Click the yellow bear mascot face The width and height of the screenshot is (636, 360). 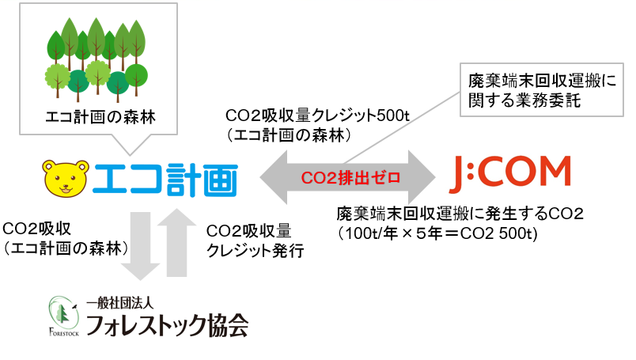66,179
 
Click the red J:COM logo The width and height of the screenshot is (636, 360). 511,174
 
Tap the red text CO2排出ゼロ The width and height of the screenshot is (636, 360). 350,178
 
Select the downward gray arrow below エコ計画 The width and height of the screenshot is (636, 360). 140,245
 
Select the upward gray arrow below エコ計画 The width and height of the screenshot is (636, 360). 176,242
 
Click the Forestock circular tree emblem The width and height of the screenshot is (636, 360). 63,315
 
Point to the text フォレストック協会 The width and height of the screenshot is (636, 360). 167,325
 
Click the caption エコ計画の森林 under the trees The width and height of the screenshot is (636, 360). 100,117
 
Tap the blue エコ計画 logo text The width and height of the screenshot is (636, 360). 165,180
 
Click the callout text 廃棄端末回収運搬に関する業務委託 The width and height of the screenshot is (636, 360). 542,90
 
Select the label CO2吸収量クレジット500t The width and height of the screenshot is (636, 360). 317,116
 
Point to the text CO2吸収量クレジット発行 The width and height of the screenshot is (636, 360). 256,241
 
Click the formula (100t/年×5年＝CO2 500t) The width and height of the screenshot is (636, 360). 438,233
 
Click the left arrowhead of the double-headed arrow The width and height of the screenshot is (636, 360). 274,177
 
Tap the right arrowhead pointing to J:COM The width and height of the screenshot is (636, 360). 422,177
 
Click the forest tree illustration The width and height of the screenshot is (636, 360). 97,59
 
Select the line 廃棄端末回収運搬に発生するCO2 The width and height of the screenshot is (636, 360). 460,214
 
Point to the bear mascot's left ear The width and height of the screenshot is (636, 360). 49,165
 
